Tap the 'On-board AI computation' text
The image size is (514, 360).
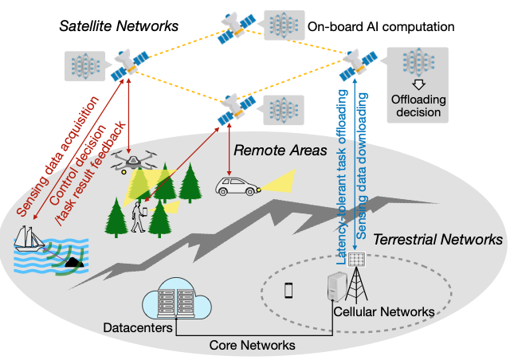tap(380, 27)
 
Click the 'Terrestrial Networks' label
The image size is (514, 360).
tap(437, 239)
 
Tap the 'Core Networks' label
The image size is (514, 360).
tap(252, 345)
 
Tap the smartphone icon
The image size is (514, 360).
tap(288, 291)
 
